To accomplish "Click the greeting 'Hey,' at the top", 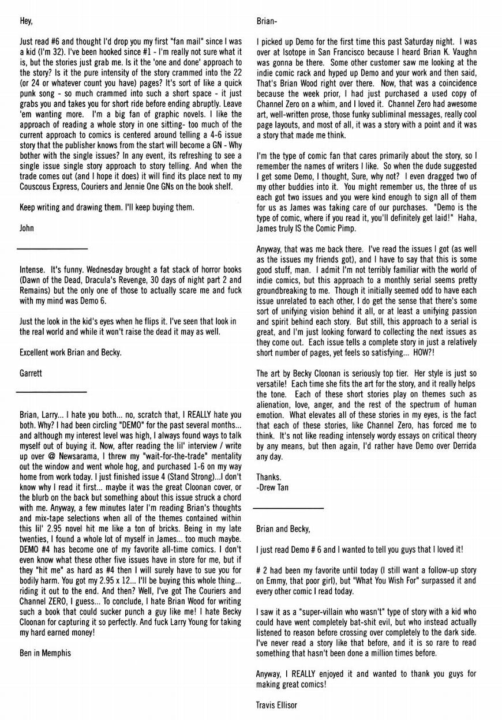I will pyautogui.click(x=26, y=22).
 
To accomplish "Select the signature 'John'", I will pyautogui.click(x=27, y=228).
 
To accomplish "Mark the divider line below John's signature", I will pyautogui.click(x=52, y=249).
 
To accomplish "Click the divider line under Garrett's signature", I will pyautogui.click(x=52, y=393).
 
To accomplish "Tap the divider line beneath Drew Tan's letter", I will pyautogui.click(x=289, y=508).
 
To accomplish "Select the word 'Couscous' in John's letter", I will pyautogui.click(x=36, y=186).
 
